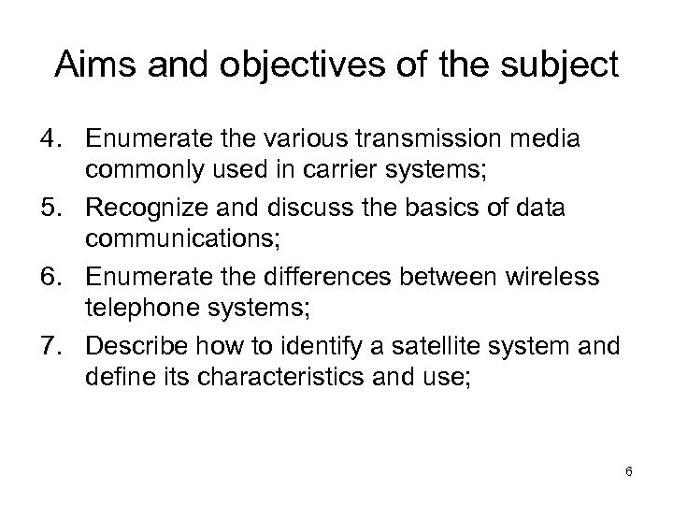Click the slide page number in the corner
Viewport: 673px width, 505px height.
[629, 471]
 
